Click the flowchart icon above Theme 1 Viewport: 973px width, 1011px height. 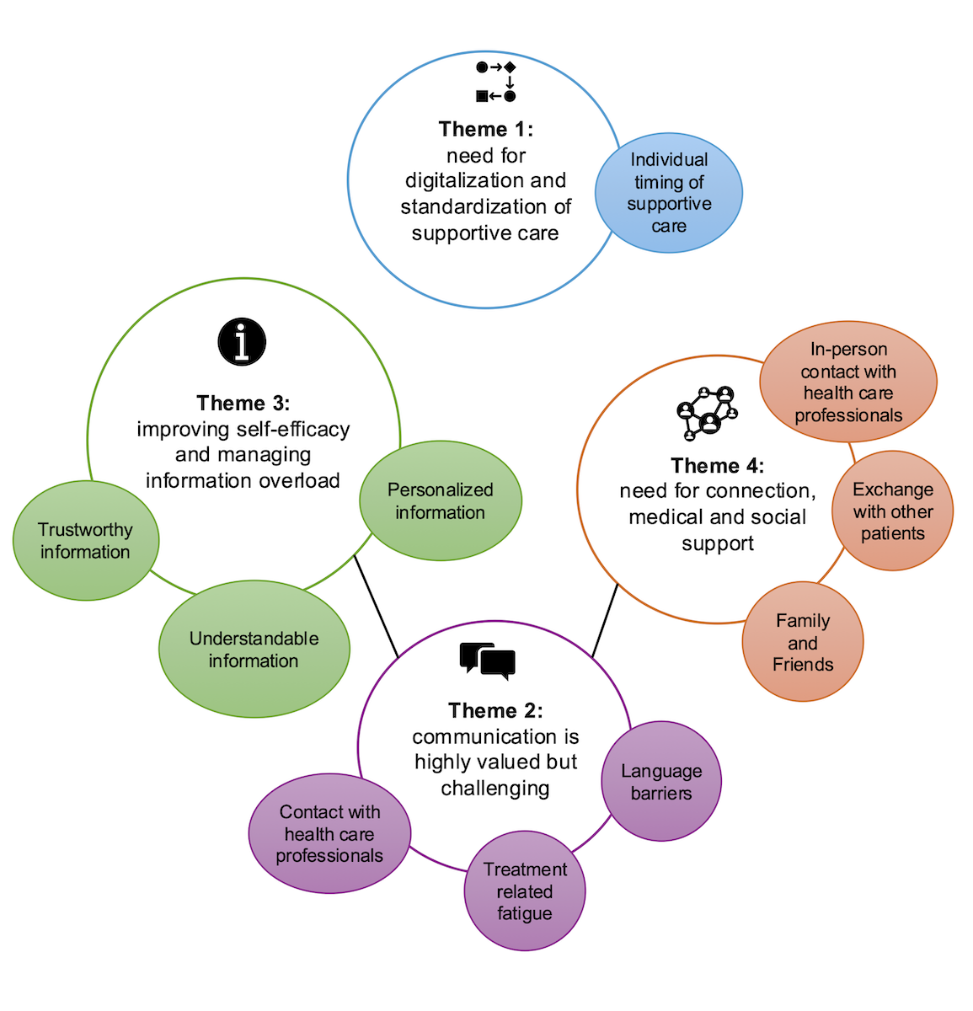click(x=495, y=82)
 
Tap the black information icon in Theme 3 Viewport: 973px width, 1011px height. click(x=242, y=342)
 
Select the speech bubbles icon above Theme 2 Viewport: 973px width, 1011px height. click(x=487, y=661)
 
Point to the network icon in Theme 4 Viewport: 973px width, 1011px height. click(x=708, y=413)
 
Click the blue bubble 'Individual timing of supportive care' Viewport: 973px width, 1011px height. click(x=669, y=193)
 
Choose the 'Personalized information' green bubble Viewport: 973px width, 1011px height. click(x=440, y=500)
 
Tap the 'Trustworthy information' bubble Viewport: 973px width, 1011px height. click(x=85, y=540)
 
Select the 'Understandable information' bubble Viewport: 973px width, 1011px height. click(x=254, y=649)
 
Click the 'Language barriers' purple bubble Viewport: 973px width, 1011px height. click(x=661, y=781)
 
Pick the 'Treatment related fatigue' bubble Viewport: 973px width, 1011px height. click(x=524, y=891)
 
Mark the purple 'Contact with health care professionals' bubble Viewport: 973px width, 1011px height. click(x=329, y=833)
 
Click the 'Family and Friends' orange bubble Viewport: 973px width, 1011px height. click(x=803, y=642)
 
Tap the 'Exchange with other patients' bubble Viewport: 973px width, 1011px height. click(x=892, y=511)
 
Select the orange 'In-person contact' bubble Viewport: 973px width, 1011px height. click(x=847, y=382)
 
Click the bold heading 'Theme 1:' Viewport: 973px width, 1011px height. click(x=486, y=129)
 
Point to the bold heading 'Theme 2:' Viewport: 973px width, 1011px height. click(x=495, y=710)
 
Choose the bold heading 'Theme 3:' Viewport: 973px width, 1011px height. click(x=243, y=403)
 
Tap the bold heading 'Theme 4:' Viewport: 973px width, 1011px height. click(x=718, y=465)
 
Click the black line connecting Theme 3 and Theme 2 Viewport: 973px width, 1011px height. click(x=376, y=606)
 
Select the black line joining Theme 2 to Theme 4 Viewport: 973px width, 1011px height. click(x=605, y=621)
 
